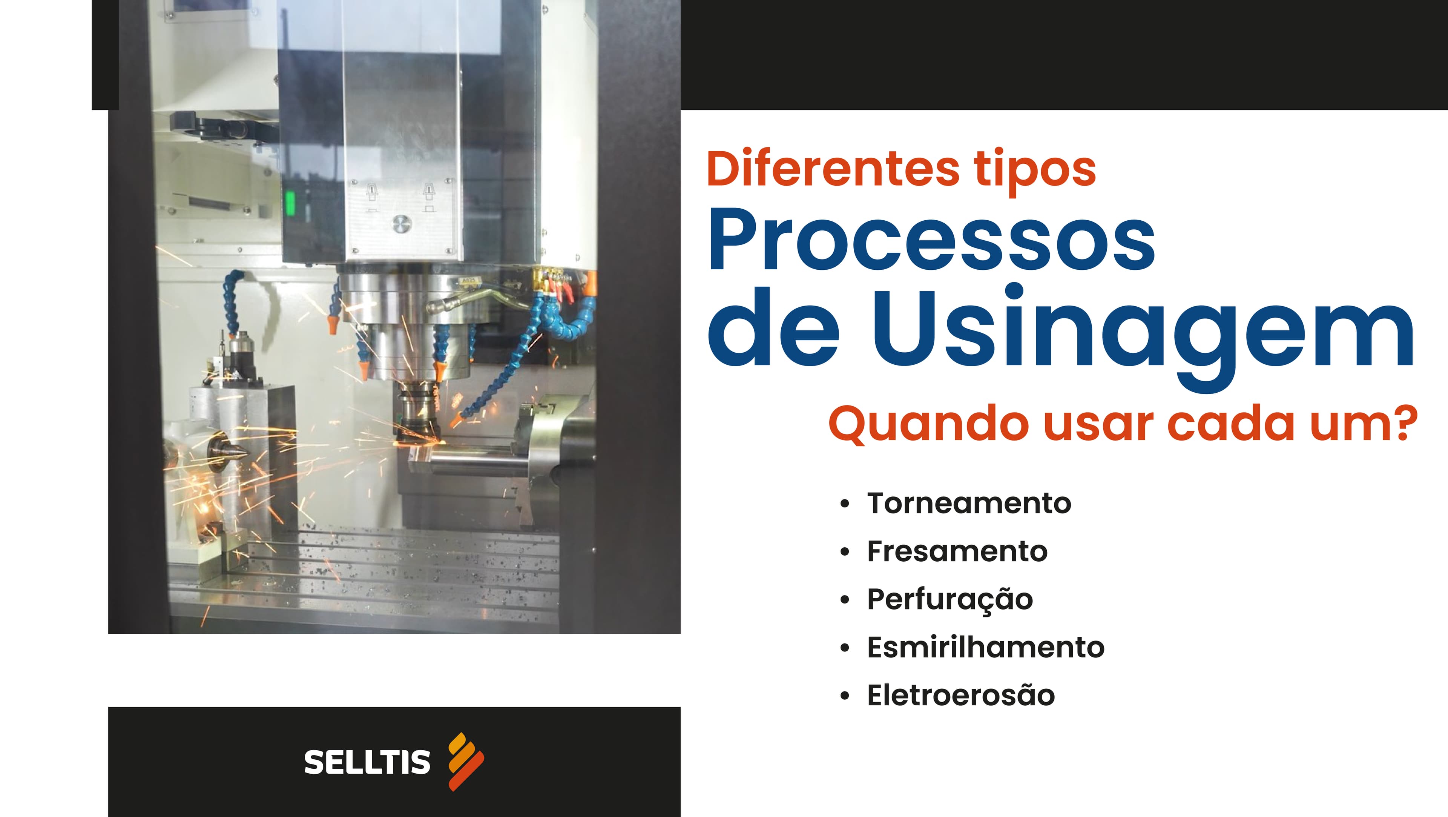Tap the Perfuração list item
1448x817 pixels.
pyautogui.click(x=950, y=599)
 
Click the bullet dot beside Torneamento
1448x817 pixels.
pyautogui.click(x=844, y=504)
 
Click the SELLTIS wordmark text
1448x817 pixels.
pyautogui.click(x=367, y=762)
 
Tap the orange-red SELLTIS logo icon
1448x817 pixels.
pyautogui.click(x=465, y=761)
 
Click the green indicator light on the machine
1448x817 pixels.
pyautogui.click(x=291, y=203)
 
